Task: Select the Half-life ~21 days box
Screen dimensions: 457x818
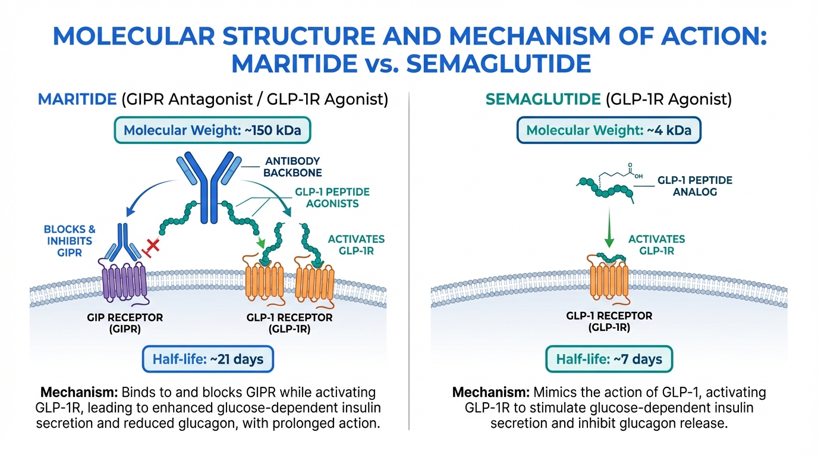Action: (207, 359)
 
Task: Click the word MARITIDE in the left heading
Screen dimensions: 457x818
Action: (77, 99)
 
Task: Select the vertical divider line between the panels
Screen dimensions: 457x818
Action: (409, 262)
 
